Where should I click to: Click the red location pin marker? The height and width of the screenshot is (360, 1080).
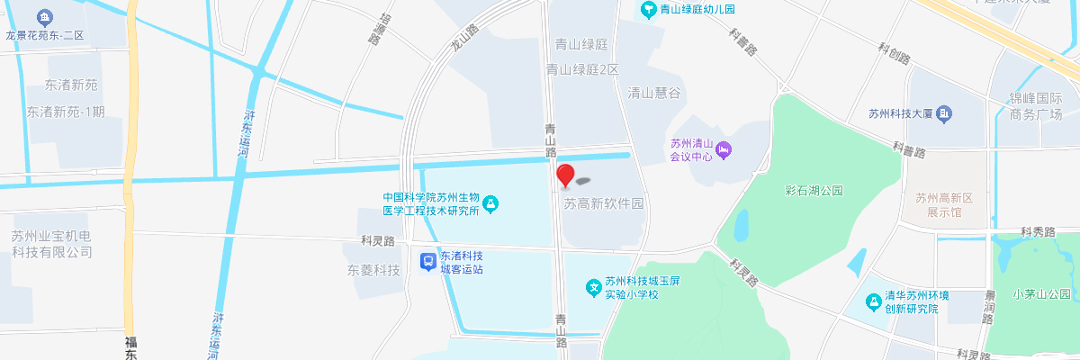[x=565, y=175]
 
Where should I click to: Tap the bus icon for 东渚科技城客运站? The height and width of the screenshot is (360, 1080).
[x=429, y=262]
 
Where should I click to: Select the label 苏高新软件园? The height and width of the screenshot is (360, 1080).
[x=605, y=204]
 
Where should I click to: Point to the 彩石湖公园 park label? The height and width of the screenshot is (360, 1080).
[x=814, y=191]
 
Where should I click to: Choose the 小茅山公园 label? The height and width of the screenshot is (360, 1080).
[x=1041, y=294]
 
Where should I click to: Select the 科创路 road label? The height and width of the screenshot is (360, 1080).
[x=895, y=53]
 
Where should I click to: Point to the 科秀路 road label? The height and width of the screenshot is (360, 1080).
[x=1038, y=232]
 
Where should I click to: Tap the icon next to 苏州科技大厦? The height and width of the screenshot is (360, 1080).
[x=943, y=114]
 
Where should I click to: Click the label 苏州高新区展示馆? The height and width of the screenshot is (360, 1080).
[x=939, y=205]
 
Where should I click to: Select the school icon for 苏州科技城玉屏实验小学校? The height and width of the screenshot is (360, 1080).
[x=593, y=288]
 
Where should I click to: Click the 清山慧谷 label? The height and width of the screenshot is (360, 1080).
[x=653, y=93]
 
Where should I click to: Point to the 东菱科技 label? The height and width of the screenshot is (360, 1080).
[x=373, y=270]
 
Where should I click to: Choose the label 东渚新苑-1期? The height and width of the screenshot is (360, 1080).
[x=66, y=112]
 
